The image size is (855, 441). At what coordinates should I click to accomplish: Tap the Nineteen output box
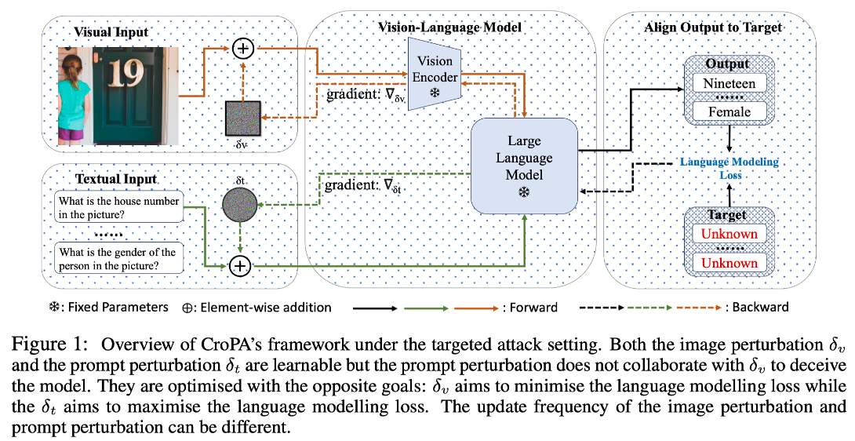click(x=729, y=82)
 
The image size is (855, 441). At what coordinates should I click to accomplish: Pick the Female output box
click(x=729, y=111)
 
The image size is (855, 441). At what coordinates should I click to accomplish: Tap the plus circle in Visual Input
click(x=244, y=49)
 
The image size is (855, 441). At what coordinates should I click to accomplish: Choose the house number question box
click(x=118, y=208)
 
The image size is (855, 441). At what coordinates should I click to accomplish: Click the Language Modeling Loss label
click(x=730, y=168)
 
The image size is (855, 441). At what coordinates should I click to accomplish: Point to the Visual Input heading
click(x=111, y=32)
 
